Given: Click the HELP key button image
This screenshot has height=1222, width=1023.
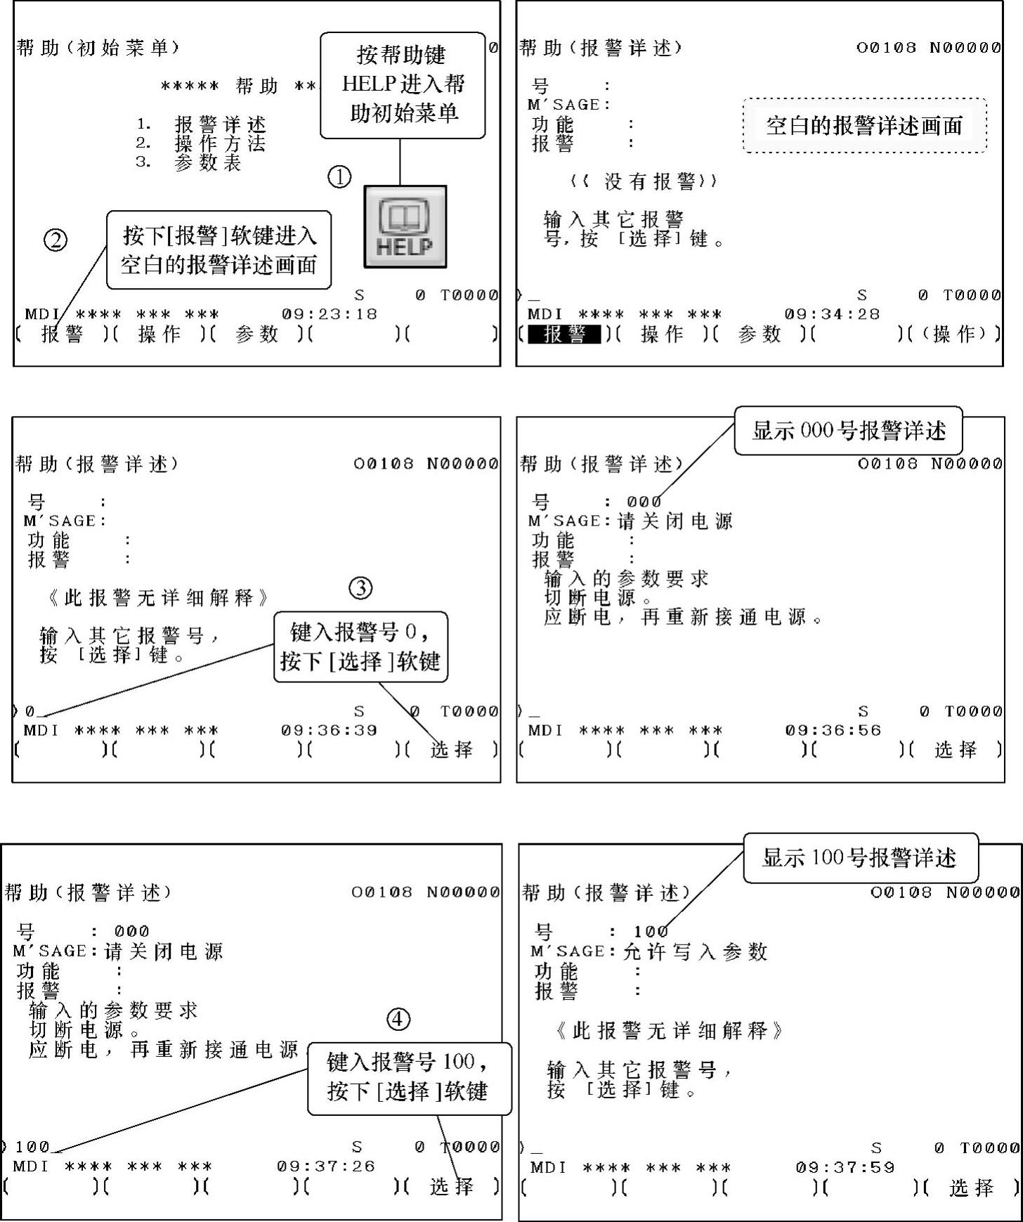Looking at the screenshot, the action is pos(405,227).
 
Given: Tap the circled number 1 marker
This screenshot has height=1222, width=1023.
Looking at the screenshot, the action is pos(339,176).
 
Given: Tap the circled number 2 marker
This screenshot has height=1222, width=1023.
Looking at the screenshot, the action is pos(56,240).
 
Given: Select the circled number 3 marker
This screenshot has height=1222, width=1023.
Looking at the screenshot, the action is pos(360,588).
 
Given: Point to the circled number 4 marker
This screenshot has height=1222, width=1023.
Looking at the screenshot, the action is pos(398,1019).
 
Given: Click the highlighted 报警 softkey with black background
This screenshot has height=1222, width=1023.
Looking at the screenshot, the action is pos(564,334).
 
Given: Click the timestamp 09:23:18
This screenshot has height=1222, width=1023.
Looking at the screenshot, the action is pos(330,314).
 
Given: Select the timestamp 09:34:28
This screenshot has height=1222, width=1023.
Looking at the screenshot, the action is pos(832,314).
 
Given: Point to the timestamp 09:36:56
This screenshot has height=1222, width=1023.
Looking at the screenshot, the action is pos(833,730).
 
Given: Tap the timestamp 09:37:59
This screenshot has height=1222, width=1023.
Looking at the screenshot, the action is pos(845,1167).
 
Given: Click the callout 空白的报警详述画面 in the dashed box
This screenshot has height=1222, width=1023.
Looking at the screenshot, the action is pos(864,126).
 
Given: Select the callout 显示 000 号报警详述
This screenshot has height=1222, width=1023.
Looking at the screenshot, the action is pos(849,430).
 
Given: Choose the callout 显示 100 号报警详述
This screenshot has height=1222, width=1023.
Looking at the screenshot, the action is pos(860,857).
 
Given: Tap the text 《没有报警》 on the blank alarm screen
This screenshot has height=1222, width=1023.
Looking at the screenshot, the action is pos(643,181).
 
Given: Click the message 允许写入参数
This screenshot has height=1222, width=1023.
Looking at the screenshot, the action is pos(695,951).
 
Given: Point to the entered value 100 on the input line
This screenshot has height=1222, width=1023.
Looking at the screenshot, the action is pos(32,1147).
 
